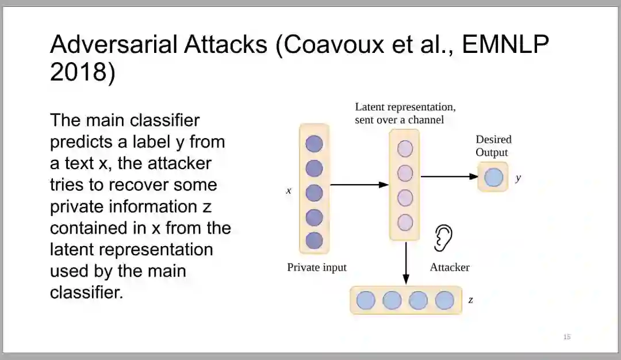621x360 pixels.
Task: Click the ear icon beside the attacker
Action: tap(443, 237)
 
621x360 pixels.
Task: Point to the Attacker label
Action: tap(450, 267)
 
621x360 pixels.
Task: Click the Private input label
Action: tap(317, 267)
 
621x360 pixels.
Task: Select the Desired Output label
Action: tap(493, 146)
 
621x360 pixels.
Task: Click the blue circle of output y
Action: tap(493, 177)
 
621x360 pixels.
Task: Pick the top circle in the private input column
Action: tap(314, 144)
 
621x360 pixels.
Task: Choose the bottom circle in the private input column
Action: tap(314, 240)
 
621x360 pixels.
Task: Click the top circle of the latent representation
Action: tap(405, 148)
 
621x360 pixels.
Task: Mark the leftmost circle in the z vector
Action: tap(366, 300)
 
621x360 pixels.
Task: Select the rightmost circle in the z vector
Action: tap(444, 300)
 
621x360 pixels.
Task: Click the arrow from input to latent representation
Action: tap(359, 185)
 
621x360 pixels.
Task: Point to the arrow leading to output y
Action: tap(449, 177)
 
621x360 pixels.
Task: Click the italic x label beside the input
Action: tap(289, 190)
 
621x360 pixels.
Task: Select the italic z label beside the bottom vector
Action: tap(471, 300)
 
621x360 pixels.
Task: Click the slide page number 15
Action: tap(567, 337)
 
